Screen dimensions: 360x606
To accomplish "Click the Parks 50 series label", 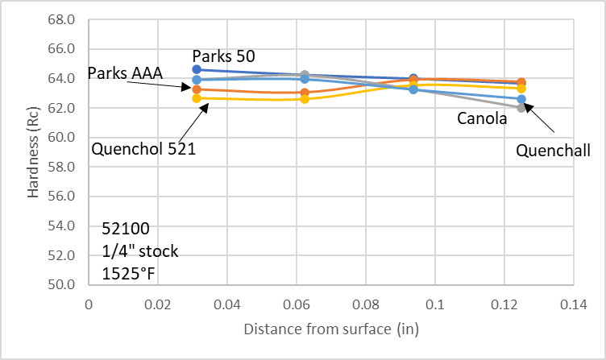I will pos(223,56).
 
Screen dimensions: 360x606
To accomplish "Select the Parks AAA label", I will pos(125,74).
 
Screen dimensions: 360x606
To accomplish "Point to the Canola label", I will pos(481,119).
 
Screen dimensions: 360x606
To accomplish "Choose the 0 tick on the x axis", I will pos(89,305).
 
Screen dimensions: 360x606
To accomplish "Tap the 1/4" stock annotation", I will pos(140,251).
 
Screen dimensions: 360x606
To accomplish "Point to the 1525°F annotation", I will pos(129,273).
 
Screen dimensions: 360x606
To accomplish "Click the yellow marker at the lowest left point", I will pos(197,98).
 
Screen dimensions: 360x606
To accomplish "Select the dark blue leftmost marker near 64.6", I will pos(197,70).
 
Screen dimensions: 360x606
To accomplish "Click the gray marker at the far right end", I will pos(521,108).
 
